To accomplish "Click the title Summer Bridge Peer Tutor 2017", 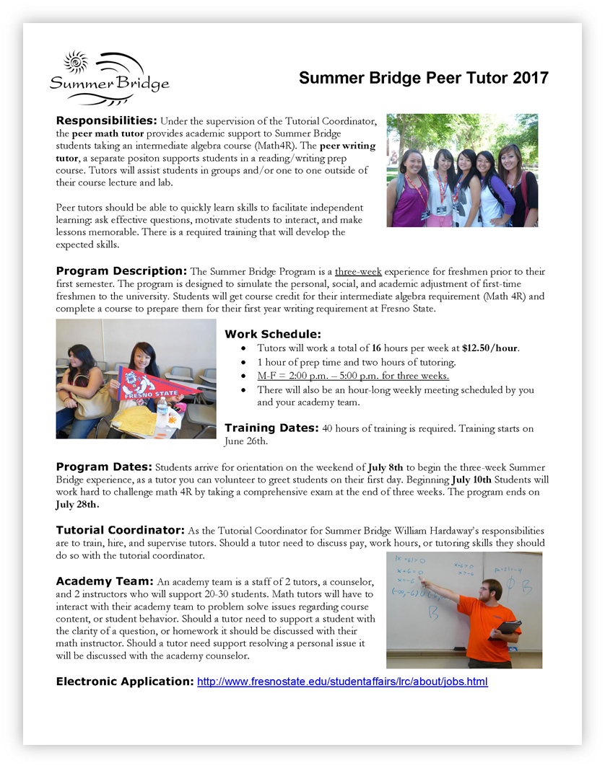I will click(x=424, y=78).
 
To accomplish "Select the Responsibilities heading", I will click(x=106, y=120).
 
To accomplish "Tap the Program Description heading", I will click(x=121, y=271).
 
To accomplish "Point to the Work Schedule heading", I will click(x=272, y=334).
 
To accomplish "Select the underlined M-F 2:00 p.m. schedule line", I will click(x=353, y=376).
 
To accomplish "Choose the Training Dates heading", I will click(x=271, y=428).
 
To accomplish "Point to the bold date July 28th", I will click(x=77, y=505).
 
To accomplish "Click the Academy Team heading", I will click(x=105, y=581).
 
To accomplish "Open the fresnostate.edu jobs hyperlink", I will click(x=342, y=681).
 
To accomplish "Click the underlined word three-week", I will click(x=358, y=272).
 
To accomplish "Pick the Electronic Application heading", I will click(x=124, y=681).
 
